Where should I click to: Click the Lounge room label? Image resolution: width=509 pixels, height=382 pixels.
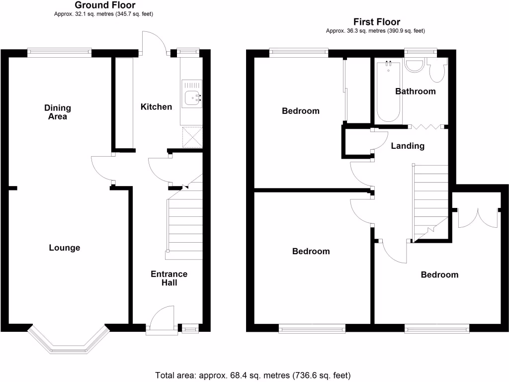pos(65,248)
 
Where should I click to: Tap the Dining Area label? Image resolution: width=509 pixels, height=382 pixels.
pos(58,112)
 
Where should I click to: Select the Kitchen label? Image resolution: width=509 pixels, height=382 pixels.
pos(156,107)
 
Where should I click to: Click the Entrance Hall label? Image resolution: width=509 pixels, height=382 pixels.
pos(169,278)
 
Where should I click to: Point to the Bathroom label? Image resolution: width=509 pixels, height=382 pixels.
pos(415,92)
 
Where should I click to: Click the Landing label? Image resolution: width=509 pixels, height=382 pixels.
pos(408,146)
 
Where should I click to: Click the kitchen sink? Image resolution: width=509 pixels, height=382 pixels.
pos(191,98)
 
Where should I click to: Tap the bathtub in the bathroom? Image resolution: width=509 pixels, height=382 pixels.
pos(388,92)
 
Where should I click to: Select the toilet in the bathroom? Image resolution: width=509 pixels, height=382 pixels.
pos(437,73)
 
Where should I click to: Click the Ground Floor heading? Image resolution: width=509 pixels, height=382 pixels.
pos(105,5)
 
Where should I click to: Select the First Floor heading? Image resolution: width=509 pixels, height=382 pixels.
pos(376,22)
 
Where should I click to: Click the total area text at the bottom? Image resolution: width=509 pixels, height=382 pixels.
pos(254,375)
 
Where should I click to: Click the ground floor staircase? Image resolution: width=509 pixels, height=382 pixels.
pos(185,224)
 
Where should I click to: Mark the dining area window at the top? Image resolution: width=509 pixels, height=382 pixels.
pos(60,51)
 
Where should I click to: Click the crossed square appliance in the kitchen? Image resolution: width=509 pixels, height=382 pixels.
pos(191,137)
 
